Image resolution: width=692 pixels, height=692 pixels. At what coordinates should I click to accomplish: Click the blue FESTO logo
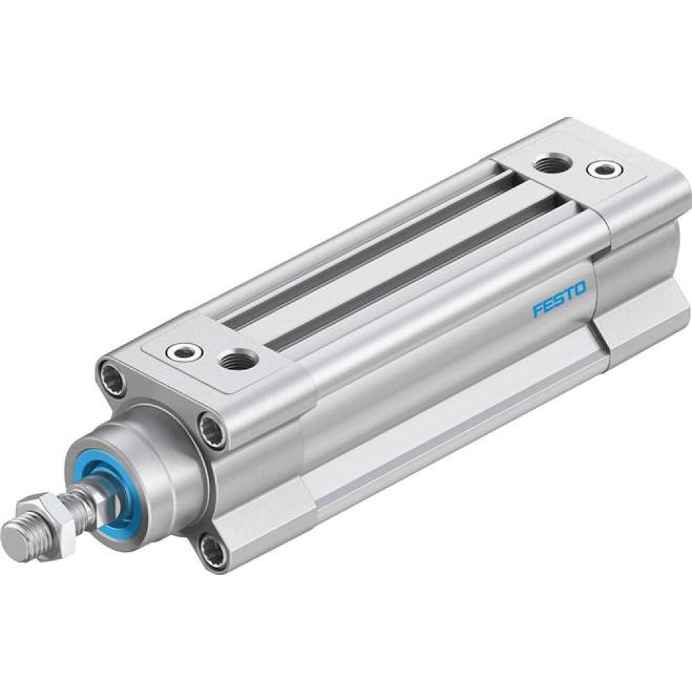tap(559, 298)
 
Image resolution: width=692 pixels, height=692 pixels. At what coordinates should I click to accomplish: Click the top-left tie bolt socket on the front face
tap(113, 378)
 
